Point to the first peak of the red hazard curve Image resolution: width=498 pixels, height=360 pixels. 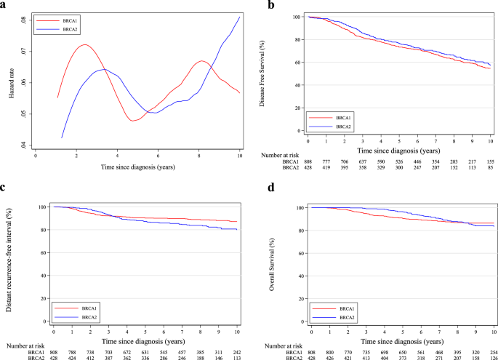click(x=85, y=45)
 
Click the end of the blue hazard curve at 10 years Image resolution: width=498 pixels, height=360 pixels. click(x=239, y=16)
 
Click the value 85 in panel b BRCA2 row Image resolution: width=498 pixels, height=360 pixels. click(x=489, y=168)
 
